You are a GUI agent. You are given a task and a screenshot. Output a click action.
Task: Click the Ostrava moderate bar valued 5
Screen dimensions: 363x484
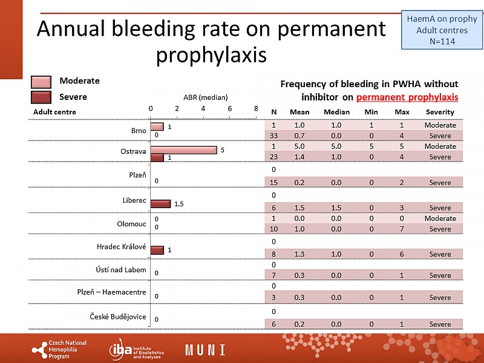183,150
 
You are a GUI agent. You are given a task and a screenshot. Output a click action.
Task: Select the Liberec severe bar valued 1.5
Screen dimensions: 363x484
160,204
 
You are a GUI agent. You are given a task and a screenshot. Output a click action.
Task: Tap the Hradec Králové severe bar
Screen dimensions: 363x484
157,250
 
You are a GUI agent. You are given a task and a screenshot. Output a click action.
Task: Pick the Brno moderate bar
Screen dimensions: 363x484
157,126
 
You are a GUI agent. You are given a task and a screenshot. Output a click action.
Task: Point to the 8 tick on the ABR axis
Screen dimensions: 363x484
257,108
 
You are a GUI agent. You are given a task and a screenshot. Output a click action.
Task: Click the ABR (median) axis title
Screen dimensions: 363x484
205,97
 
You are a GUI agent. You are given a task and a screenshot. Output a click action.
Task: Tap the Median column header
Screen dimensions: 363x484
336,112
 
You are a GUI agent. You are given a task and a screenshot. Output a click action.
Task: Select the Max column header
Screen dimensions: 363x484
402,112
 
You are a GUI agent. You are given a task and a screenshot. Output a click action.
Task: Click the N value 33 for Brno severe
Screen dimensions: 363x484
274,136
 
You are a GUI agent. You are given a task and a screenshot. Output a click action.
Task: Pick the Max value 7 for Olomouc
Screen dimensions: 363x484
402,229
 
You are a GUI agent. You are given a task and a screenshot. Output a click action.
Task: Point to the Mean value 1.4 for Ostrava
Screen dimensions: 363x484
299,157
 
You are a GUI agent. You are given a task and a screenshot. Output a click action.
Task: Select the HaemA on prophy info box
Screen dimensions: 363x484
441,30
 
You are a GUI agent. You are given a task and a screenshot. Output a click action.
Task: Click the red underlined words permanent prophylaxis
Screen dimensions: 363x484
407,97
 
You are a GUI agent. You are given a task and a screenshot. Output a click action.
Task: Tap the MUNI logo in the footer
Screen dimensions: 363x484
205,350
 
